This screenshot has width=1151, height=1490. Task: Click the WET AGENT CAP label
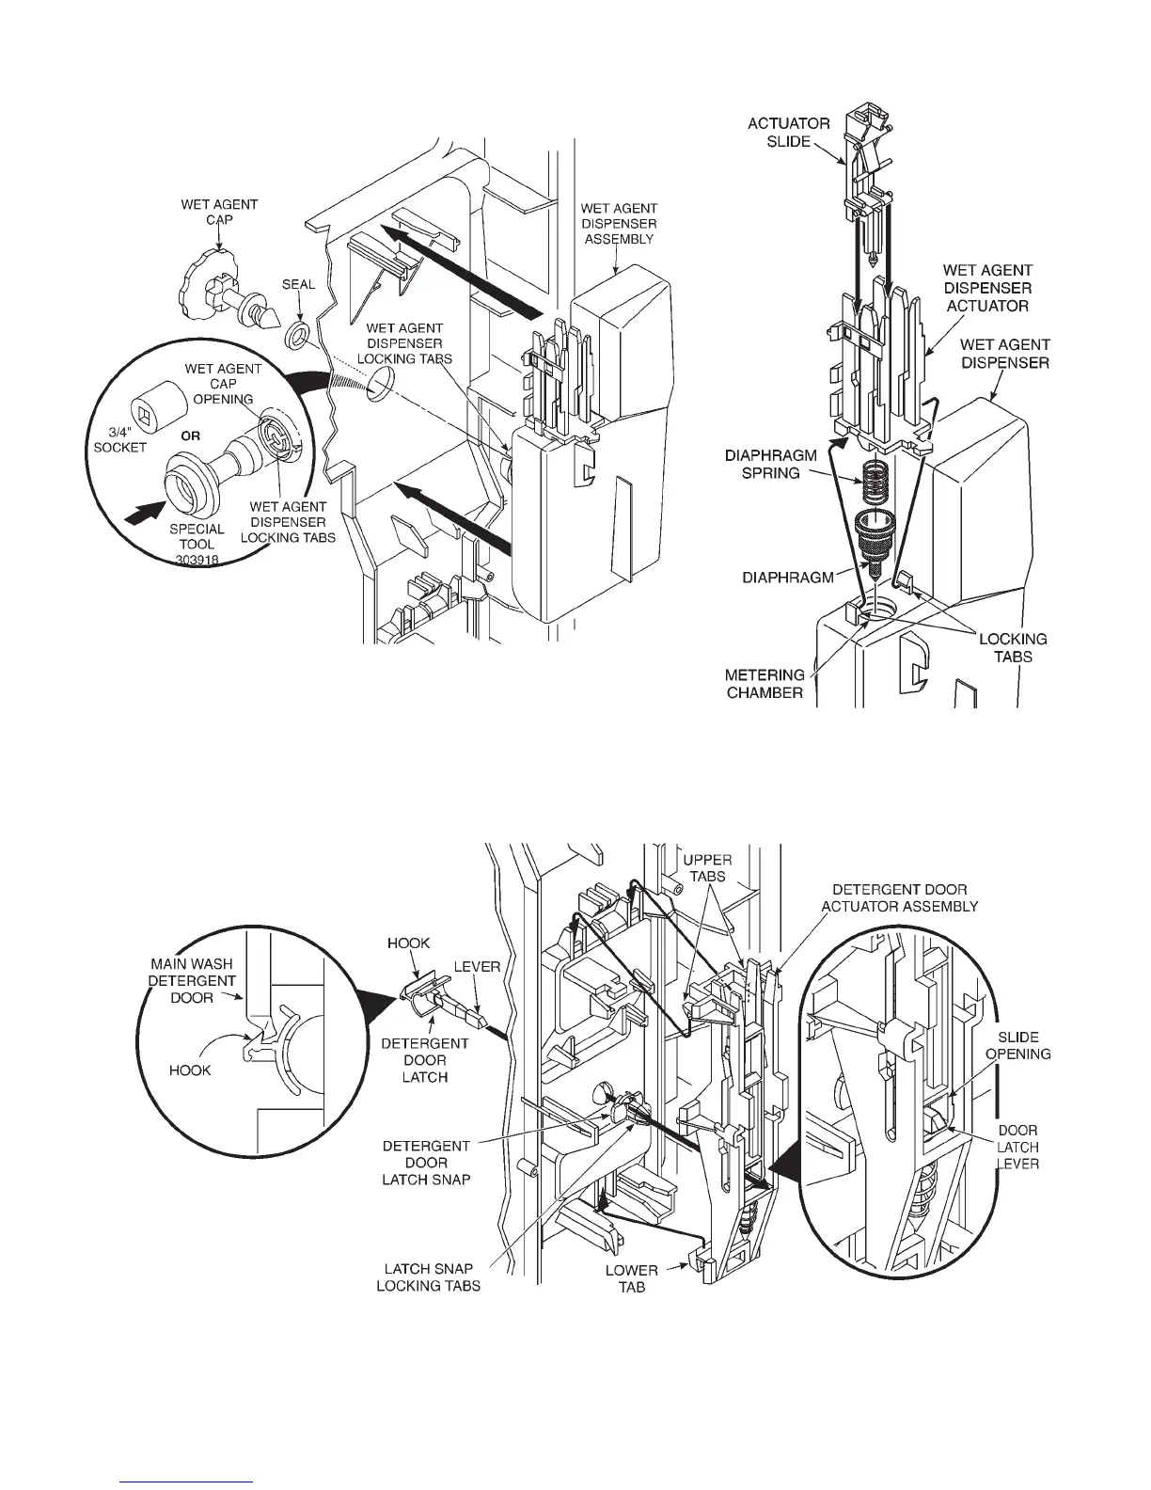pos(219,212)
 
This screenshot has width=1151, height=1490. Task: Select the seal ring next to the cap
pos(298,335)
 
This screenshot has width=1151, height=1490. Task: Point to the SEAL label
pos(298,285)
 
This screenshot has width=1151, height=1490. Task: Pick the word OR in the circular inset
pos(190,436)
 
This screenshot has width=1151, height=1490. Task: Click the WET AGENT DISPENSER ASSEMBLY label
pos(618,224)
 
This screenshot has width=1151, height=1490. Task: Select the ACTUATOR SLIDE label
pos(788,132)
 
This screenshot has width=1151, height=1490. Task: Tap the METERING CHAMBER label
pos(765,683)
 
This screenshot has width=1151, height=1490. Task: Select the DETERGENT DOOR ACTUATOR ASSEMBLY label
pos(899,897)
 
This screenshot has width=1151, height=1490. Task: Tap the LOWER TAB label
pos(631,1278)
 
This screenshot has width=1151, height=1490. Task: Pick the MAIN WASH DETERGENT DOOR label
pos(192,980)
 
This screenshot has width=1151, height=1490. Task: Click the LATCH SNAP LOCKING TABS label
pos(428,1277)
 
